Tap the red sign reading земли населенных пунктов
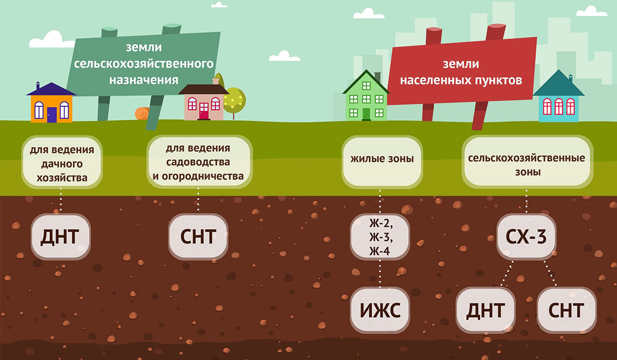(461, 72)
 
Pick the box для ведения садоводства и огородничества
(198, 162)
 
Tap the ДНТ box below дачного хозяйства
(61, 237)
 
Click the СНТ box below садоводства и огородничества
(198, 237)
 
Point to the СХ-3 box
(526, 237)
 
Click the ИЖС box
(380, 310)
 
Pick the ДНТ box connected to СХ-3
(485, 310)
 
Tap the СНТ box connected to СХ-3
(566, 310)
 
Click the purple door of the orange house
(51, 115)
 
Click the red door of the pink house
(204, 111)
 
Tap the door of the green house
(366, 113)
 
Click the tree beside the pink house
(234, 98)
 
